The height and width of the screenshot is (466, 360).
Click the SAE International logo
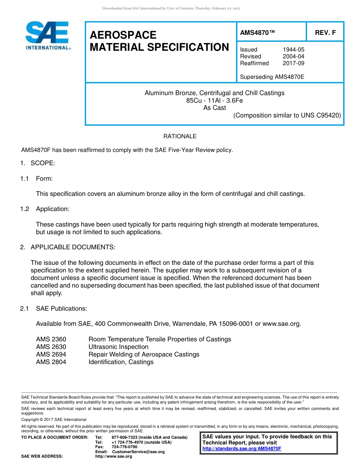tap(47, 36)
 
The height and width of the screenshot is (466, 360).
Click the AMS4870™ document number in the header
tap(257, 33)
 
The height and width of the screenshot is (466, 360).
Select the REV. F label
tap(325, 33)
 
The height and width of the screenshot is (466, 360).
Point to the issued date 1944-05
tap(293, 50)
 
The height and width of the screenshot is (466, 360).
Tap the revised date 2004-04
tap(293, 56)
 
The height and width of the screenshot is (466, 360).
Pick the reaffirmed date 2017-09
tap(293, 63)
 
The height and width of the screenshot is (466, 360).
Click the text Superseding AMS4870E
tap(272, 77)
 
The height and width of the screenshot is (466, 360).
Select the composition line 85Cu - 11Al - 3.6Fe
tap(214, 100)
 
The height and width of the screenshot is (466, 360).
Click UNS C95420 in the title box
tap(321, 116)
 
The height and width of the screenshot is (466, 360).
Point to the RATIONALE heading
tap(180, 136)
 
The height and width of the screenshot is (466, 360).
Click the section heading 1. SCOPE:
tap(38, 163)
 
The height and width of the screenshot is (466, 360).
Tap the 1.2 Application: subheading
tap(45, 209)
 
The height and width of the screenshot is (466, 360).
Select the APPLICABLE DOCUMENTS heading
tap(73, 247)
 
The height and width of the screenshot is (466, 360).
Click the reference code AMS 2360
tap(51, 339)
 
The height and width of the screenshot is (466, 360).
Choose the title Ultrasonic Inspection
tap(118, 347)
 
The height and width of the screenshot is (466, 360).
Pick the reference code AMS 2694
tap(51, 355)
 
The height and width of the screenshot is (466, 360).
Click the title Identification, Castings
tap(121, 362)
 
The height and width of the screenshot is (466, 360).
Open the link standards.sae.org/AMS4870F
tap(242, 449)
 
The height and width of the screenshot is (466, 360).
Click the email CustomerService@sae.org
tap(138, 452)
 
